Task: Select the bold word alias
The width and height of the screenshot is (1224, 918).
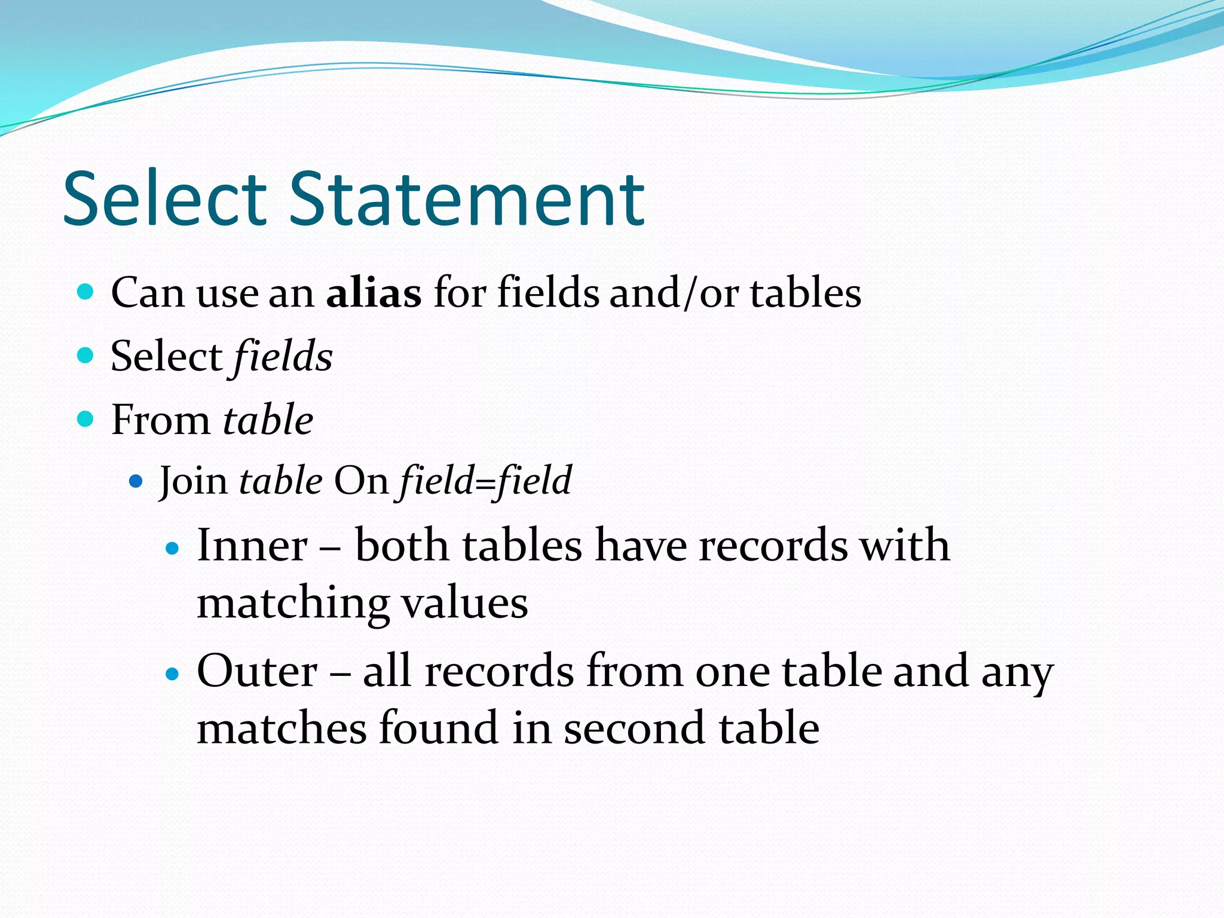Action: coord(374,293)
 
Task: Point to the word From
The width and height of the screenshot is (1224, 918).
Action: coord(160,420)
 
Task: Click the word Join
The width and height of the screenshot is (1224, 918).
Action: coord(193,481)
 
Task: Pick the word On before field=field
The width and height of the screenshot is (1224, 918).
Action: coord(361,481)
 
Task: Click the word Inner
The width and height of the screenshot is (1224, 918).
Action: coord(252,545)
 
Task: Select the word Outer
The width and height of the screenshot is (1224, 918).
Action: coord(257,671)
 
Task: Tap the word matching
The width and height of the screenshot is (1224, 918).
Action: coord(293,604)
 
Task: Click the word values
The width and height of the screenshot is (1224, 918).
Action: coord(464,604)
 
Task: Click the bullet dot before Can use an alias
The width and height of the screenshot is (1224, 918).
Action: coord(86,292)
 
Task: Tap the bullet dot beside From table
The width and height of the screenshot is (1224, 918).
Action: coord(86,419)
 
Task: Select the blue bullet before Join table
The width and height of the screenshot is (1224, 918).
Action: coord(136,481)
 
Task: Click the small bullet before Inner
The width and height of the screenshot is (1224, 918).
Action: coord(172,548)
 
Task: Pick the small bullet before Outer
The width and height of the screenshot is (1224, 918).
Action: coord(172,675)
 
